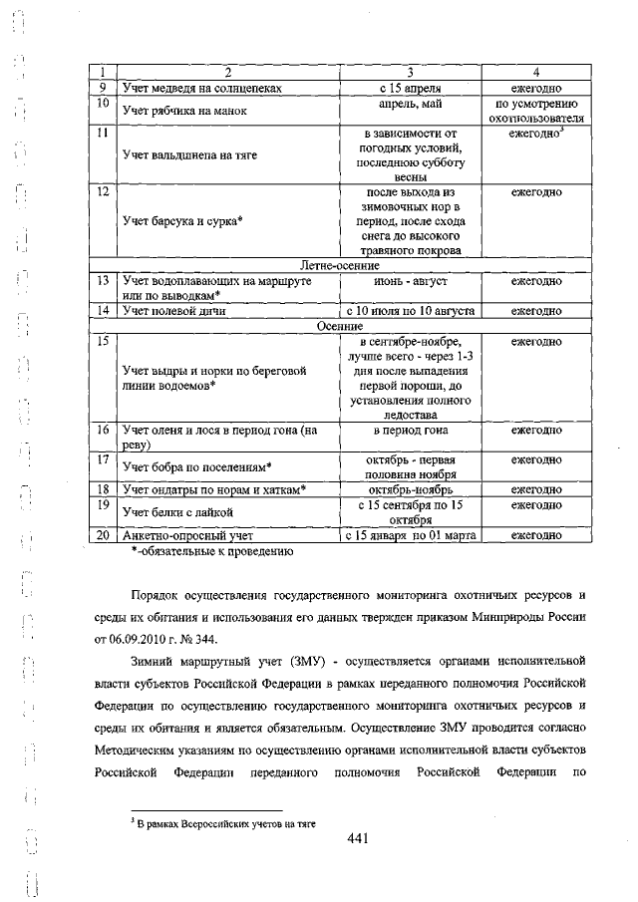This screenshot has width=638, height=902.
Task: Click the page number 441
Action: pos(359,838)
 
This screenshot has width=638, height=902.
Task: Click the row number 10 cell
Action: pos(103,104)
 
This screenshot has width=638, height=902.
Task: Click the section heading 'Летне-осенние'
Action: pos(339,266)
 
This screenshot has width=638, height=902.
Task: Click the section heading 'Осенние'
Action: pos(339,326)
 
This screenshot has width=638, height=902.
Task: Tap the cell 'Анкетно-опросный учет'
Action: pos(186,535)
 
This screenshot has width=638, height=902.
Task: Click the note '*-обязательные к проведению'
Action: pos(210,550)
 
